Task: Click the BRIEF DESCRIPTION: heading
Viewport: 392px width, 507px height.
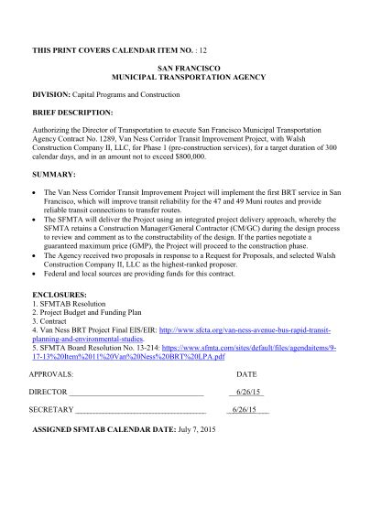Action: (74, 113)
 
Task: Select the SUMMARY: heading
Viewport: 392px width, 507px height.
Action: (56, 174)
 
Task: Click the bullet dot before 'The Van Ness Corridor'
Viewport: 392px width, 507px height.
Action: (35, 194)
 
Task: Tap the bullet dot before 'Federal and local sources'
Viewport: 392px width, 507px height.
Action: (35, 274)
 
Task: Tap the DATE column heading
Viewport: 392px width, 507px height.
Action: (246, 374)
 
